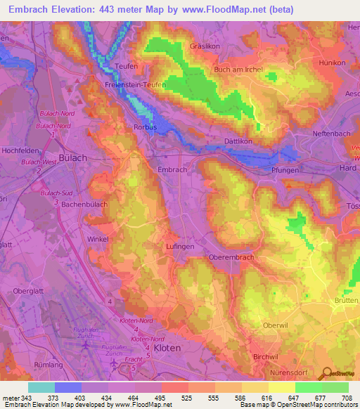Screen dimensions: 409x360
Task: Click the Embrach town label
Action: [x=172, y=169]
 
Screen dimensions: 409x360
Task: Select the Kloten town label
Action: [x=167, y=348]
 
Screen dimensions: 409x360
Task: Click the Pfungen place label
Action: [x=285, y=170]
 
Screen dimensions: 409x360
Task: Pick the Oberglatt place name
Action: [x=29, y=290]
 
